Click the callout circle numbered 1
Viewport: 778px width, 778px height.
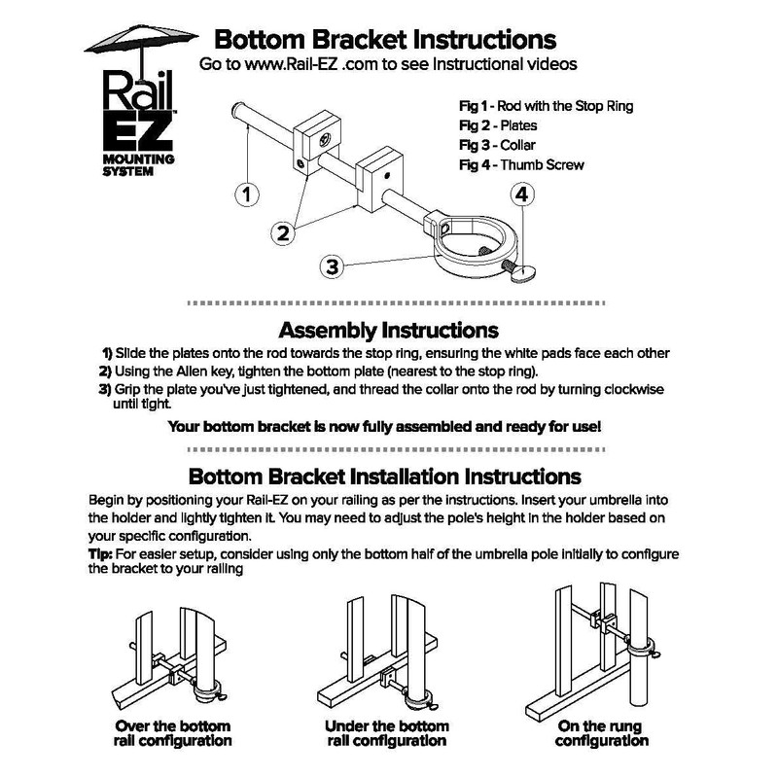coord(249,194)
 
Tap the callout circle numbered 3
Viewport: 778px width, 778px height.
coord(333,265)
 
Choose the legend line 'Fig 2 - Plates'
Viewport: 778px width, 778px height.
coord(497,125)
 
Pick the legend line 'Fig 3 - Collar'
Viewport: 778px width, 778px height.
coord(497,145)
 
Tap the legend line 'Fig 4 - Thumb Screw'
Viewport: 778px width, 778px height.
coord(520,164)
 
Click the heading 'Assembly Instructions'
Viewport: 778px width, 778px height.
coord(388,331)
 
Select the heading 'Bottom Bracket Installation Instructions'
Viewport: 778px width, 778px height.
coord(384,477)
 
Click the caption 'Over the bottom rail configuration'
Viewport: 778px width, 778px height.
coord(173,733)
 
